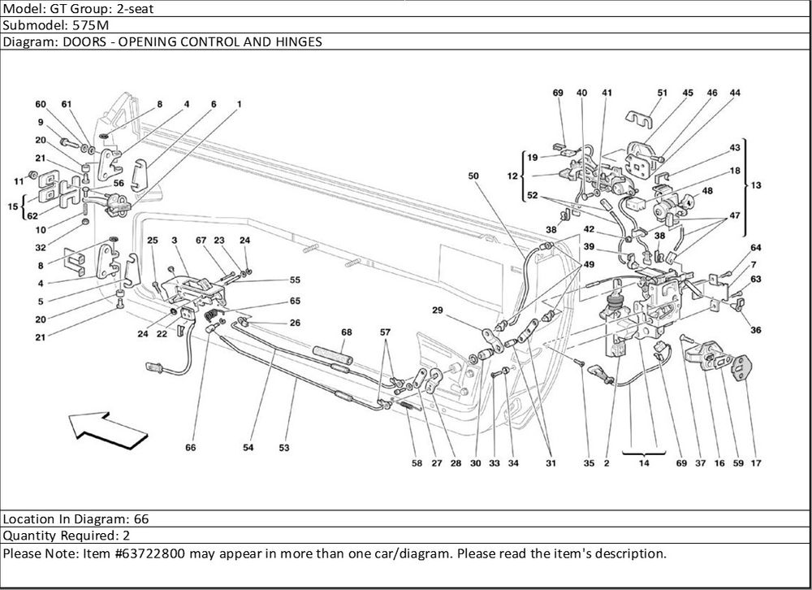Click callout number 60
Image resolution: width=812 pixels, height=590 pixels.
(41, 104)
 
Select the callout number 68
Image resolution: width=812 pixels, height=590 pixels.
(347, 332)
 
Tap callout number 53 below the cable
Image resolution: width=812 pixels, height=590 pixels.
(284, 447)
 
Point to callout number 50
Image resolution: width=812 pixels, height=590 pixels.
(473, 176)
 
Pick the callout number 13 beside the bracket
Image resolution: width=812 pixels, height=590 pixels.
(756, 185)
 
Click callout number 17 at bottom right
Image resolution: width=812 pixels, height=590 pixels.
(756, 463)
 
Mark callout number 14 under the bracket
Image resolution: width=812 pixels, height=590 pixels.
(644, 463)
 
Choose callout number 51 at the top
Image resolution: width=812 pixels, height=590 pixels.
(662, 93)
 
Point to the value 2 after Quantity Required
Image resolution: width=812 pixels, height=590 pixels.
(126, 536)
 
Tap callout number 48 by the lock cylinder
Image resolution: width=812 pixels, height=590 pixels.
(708, 191)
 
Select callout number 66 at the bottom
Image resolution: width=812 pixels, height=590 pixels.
(191, 447)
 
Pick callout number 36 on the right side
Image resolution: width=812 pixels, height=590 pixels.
(756, 330)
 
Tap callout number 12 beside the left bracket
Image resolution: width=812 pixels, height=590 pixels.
(512, 176)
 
